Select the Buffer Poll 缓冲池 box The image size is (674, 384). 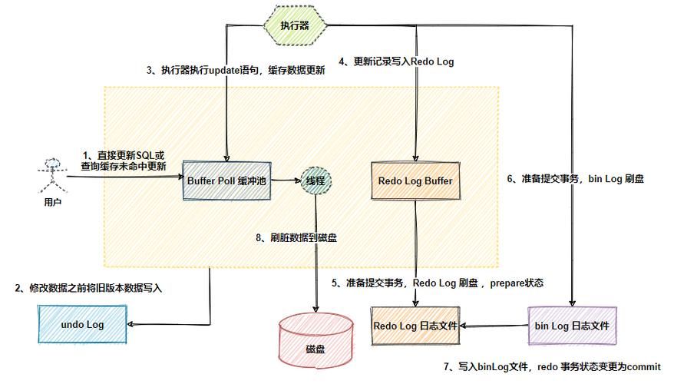click(x=228, y=180)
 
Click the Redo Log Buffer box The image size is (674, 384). click(x=415, y=181)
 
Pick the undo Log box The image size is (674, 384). click(x=83, y=325)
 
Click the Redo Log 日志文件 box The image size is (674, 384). click(x=415, y=326)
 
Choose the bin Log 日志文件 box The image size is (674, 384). click(x=572, y=326)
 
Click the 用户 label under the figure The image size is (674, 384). click(x=51, y=204)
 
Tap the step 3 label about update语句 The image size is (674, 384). click(x=236, y=70)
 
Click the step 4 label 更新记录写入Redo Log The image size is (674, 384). click(x=396, y=61)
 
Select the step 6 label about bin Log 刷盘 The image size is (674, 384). click(x=575, y=178)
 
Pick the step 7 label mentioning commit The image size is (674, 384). click(x=552, y=367)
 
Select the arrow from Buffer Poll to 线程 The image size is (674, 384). click(x=287, y=181)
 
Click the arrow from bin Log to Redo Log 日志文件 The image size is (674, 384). click(x=494, y=326)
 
